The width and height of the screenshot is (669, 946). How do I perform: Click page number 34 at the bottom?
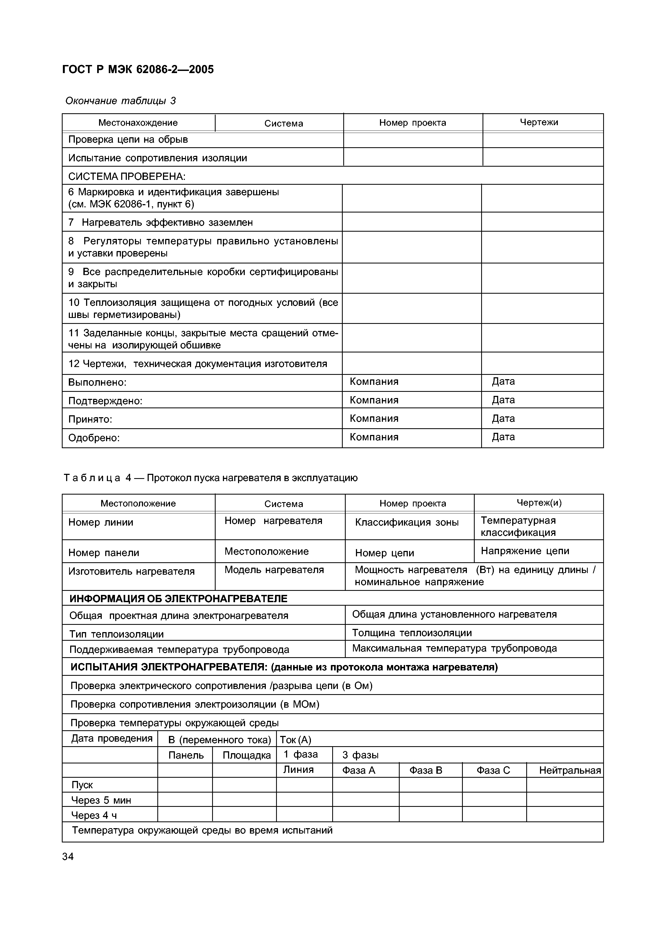click(68, 856)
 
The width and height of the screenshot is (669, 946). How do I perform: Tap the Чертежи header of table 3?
click(538, 122)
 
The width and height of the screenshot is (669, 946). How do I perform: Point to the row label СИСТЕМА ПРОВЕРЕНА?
click(127, 177)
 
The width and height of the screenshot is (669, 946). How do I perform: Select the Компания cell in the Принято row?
click(373, 419)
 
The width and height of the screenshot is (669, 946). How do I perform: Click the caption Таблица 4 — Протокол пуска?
click(210, 478)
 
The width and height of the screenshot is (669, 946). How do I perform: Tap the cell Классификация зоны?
click(406, 522)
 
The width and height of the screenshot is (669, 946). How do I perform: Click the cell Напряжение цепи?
click(524, 551)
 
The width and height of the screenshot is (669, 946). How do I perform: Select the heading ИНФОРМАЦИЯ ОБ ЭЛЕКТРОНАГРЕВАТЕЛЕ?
click(178, 599)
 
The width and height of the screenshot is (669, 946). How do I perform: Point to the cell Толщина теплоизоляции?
click(411, 632)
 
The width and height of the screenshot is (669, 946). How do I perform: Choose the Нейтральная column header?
click(569, 770)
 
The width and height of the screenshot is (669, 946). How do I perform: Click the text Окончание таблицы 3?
click(120, 101)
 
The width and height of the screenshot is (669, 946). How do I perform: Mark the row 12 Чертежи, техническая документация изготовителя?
click(198, 364)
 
